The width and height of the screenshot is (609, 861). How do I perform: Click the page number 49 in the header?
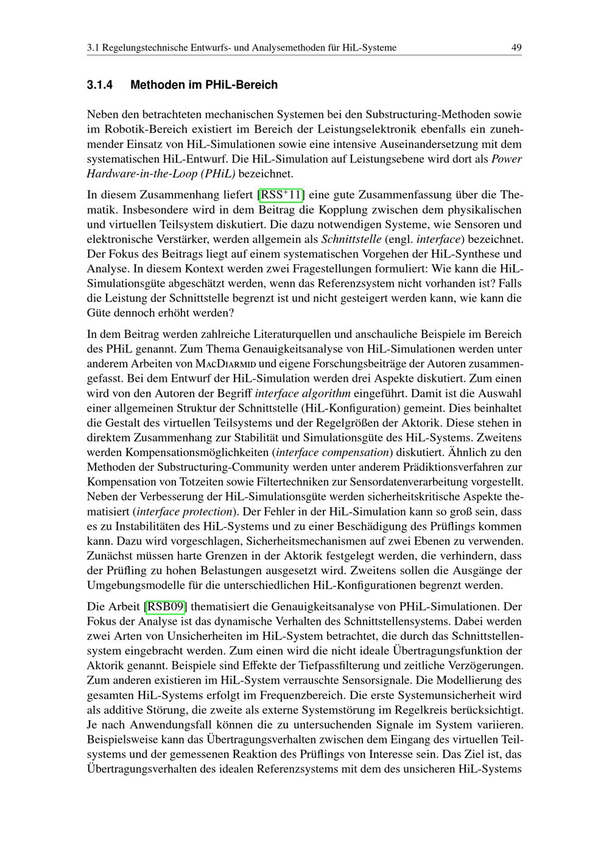516,47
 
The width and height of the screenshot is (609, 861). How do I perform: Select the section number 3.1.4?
100,85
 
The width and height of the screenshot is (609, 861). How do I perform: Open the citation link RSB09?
165,606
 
